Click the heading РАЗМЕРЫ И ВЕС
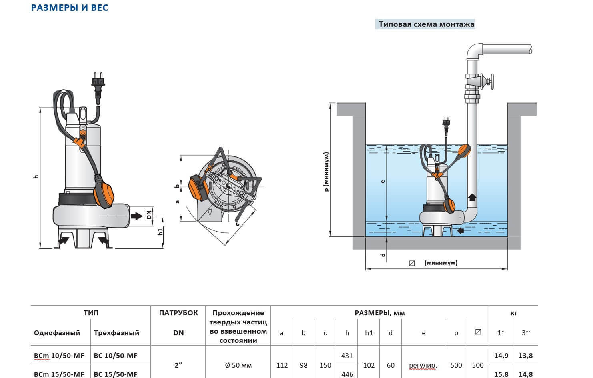(x=70, y=8)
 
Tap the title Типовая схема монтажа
(x=426, y=24)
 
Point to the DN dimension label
(x=149, y=215)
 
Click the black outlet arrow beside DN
(x=136, y=216)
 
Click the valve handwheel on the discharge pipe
(x=491, y=83)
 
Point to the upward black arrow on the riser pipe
(x=472, y=197)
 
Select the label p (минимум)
(x=327, y=172)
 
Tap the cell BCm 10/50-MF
(x=59, y=356)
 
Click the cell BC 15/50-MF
(x=115, y=374)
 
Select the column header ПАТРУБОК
(x=178, y=313)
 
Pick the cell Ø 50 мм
(x=238, y=365)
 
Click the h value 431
(x=347, y=356)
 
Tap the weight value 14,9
(x=501, y=356)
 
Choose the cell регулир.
(x=423, y=365)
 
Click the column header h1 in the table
(x=369, y=333)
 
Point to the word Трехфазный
(x=116, y=333)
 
